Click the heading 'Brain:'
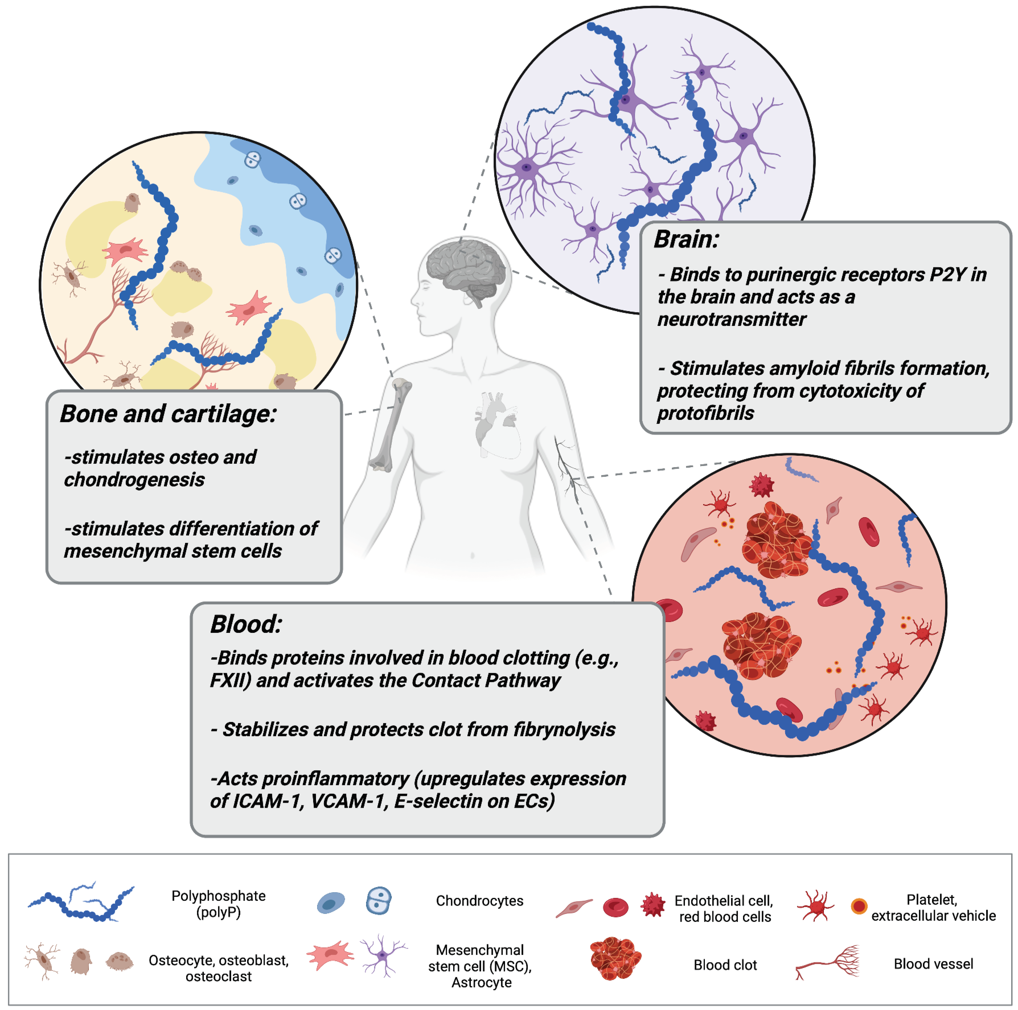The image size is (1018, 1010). pos(686,240)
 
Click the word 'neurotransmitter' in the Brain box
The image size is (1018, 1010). pos(731,320)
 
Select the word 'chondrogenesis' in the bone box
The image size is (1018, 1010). pos(134,480)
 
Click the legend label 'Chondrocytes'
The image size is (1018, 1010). pos(479,901)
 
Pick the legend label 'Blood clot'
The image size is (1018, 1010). pos(725,965)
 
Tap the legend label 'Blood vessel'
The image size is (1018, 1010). pos(933,964)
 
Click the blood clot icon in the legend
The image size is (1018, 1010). pos(615,959)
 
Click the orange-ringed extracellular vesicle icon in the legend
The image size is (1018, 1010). pos(859,906)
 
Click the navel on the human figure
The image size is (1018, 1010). pos(472,555)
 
